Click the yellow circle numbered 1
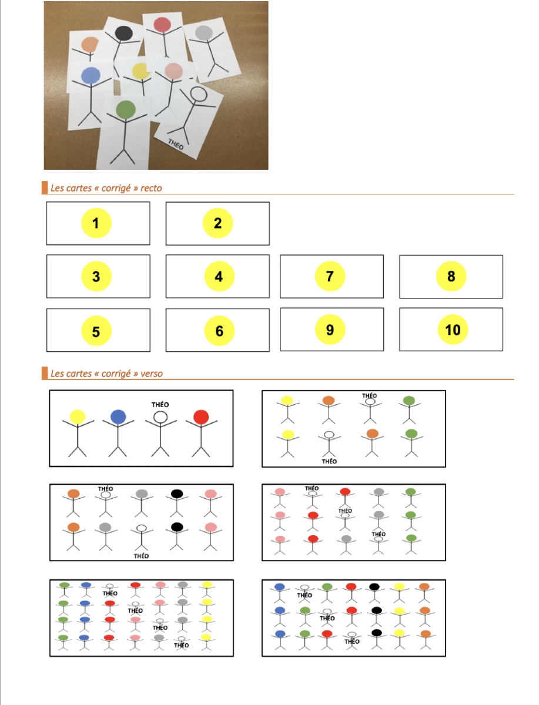(x=96, y=223)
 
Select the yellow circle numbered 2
(x=218, y=223)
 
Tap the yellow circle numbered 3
(x=96, y=277)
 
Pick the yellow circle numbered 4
(x=219, y=277)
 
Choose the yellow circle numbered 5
(x=96, y=331)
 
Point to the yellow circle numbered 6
(x=219, y=331)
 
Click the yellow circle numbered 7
(x=330, y=276)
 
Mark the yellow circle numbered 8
(x=451, y=276)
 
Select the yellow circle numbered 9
(x=330, y=330)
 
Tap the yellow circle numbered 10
(x=453, y=330)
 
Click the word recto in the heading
(x=151, y=188)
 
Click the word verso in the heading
(x=152, y=374)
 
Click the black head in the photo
(x=123, y=33)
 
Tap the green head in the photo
(x=126, y=110)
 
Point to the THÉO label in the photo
(x=176, y=145)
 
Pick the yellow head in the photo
(x=140, y=71)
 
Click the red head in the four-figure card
(x=201, y=417)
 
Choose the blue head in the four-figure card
(x=118, y=417)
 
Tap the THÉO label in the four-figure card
(x=160, y=405)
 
